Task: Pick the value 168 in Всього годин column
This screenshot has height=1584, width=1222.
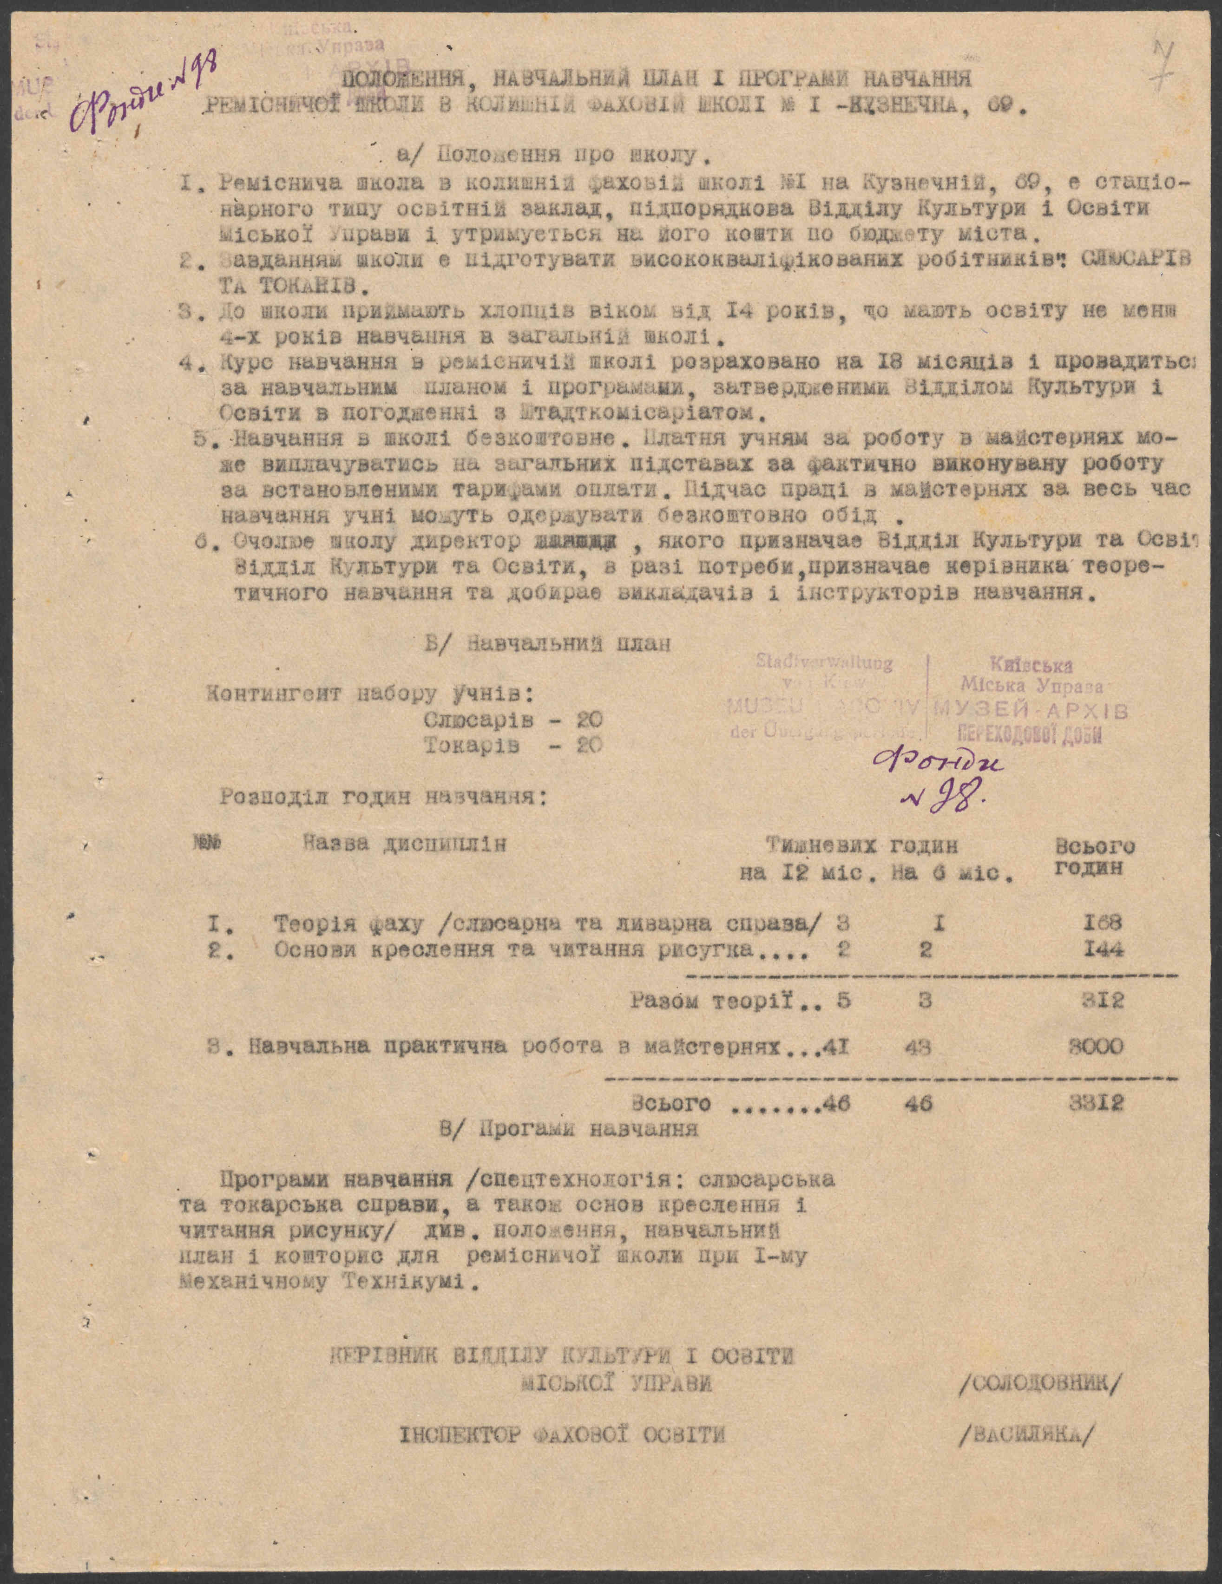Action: [x=1099, y=924]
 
